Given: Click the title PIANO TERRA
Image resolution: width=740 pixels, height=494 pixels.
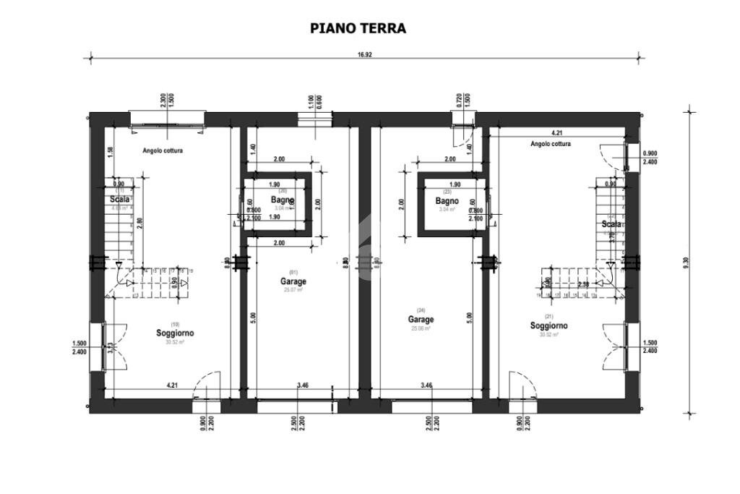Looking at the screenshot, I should [358, 28].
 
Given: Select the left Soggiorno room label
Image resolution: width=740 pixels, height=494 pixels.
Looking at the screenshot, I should [175, 333].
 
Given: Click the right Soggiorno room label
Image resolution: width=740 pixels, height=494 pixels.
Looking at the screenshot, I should [548, 325].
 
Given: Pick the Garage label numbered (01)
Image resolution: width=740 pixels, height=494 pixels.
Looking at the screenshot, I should [294, 281].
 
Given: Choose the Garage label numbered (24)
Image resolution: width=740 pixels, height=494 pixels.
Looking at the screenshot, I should [421, 319].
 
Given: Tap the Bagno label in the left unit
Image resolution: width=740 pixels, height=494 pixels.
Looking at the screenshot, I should [282, 200].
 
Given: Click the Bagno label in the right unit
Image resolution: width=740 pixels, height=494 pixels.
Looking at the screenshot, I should [448, 200].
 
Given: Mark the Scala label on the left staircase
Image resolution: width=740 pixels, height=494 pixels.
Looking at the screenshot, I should [120, 199].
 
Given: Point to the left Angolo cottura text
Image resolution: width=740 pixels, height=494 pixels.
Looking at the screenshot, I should [162, 151].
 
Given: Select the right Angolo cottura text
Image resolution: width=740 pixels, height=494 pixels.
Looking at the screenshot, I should [550, 144].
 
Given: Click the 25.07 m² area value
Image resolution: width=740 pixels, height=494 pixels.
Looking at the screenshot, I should [294, 290].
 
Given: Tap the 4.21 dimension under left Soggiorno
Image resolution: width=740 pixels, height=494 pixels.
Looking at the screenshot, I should [173, 386].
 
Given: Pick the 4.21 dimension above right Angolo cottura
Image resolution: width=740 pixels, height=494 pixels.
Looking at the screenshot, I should [557, 133].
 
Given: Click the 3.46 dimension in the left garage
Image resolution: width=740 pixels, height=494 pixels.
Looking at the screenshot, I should [303, 386].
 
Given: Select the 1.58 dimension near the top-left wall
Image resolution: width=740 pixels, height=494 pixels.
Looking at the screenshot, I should [110, 150].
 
